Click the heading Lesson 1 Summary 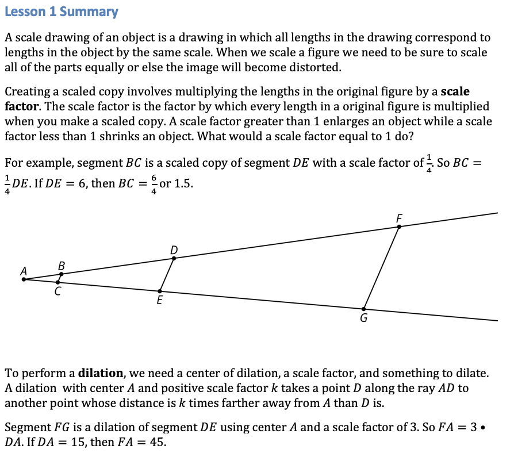[62, 11]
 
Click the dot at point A [24, 279]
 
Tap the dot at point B [62, 274]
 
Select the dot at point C [57, 282]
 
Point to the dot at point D [174, 258]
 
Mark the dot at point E [160, 291]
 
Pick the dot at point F [399, 227]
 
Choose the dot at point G [363, 309]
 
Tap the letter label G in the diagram [363, 318]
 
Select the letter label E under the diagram [159, 300]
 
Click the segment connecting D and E [167, 275]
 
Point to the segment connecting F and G [381, 268]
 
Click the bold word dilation [100, 373]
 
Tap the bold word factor [21, 106]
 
